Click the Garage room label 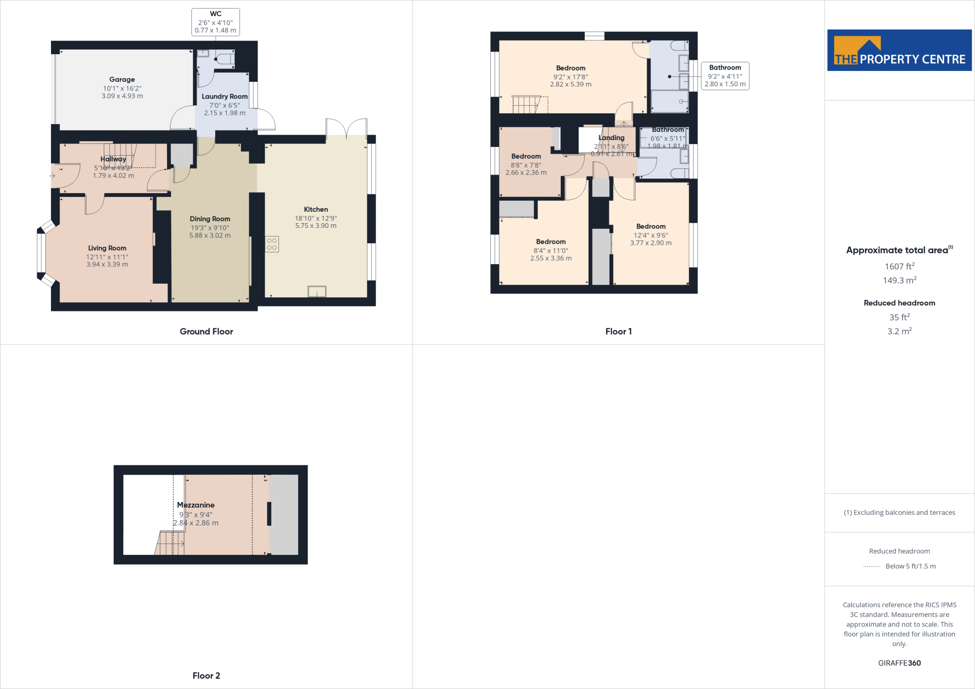[x=122, y=79]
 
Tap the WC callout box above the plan [x=216, y=22]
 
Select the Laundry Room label [x=224, y=97]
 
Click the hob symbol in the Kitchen [x=272, y=244]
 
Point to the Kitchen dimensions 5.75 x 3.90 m [x=316, y=226]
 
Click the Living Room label [x=107, y=248]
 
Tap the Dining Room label [x=210, y=219]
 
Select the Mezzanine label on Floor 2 [x=196, y=505]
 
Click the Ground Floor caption [x=206, y=332]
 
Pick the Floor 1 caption [x=618, y=332]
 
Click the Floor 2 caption [x=206, y=676]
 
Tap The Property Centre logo [x=899, y=50]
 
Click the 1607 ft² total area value [x=899, y=266]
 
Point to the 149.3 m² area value [x=899, y=280]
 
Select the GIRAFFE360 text [x=899, y=663]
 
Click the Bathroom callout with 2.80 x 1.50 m [x=725, y=76]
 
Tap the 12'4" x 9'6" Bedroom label [x=651, y=226]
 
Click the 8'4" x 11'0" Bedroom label [x=551, y=242]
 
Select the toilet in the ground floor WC [x=225, y=59]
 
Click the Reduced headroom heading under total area [x=899, y=303]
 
